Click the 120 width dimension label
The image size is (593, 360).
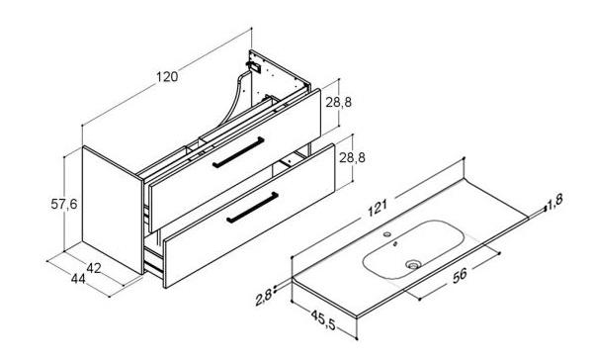(167, 77)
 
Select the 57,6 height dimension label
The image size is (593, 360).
(64, 205)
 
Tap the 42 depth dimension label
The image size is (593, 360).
(94, 268)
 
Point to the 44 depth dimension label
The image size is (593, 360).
(78, 279)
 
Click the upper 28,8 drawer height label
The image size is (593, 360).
(339, 102)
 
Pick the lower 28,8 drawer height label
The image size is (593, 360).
(352, 157)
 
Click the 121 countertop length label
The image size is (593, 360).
(378, 209)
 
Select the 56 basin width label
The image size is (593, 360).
(460, 275)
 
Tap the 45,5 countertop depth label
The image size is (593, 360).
(322, 319)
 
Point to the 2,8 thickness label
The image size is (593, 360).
(264, 297)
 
